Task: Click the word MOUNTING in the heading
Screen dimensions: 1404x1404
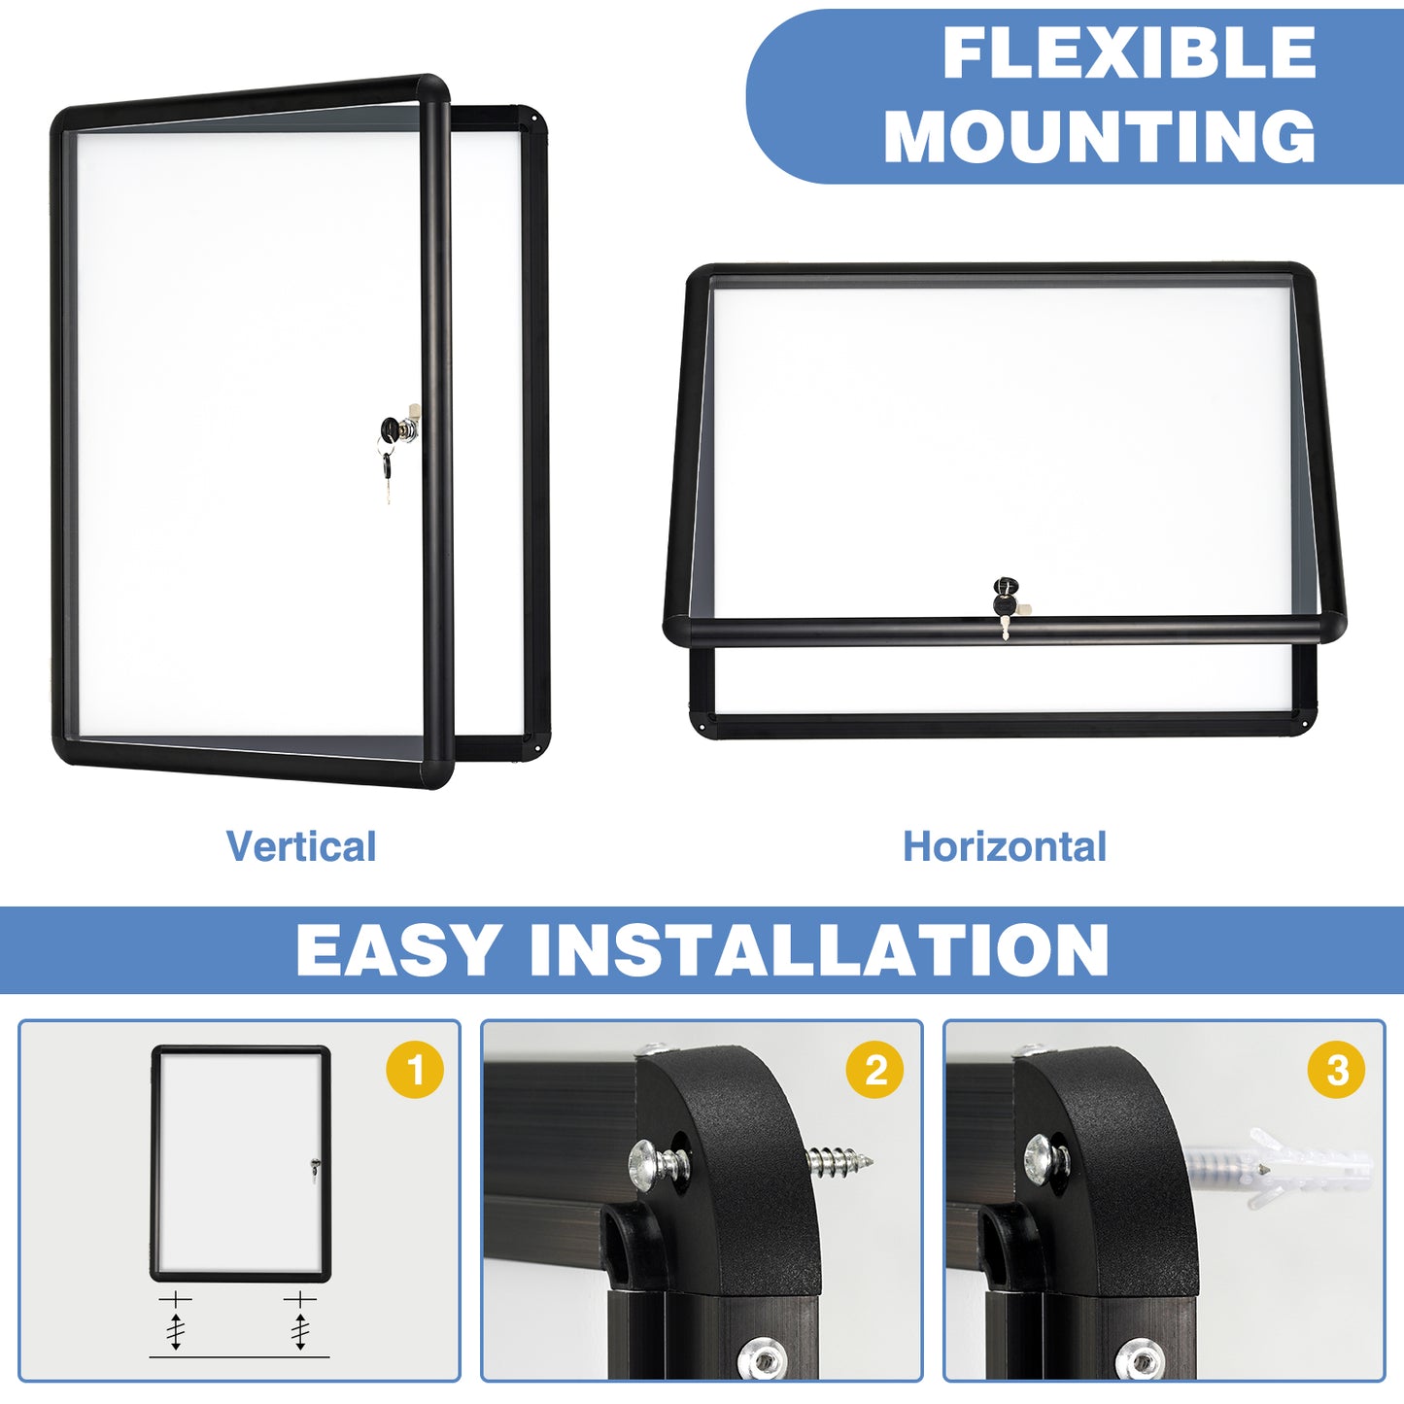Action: pos(1099,137)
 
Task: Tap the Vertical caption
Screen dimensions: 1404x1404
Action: pos(301,846)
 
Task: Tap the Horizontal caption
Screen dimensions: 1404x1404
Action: pos(1005,846)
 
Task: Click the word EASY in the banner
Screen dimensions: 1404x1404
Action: pos(398,950)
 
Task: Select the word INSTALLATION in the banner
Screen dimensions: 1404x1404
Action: pos(819,950)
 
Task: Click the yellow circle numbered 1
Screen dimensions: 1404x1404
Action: pos(415,1070)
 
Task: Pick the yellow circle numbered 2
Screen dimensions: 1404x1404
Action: pos(875,1070)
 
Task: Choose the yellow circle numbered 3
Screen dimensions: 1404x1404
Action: pos(1337,1070)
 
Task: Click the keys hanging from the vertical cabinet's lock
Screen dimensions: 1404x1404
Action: pos(387,474)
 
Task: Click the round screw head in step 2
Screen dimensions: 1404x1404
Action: pos(649,1160)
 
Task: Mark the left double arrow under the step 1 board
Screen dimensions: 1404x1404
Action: pos(175,1330)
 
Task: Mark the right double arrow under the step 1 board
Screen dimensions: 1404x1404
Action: pos(300,1330)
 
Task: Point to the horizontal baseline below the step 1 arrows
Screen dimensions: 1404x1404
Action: pos(239,1356)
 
